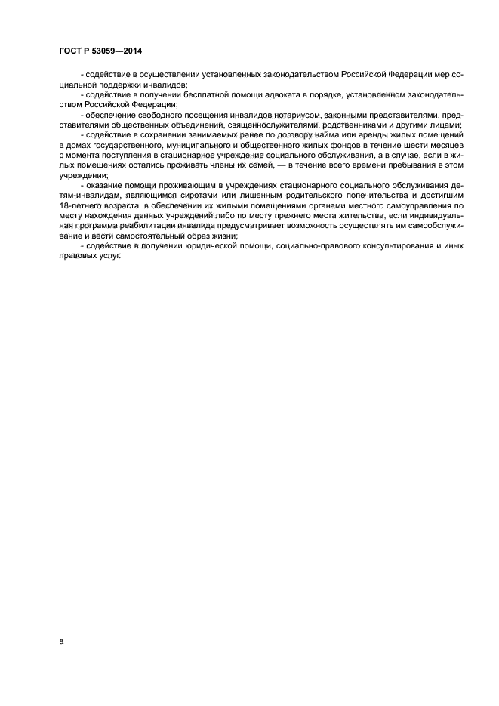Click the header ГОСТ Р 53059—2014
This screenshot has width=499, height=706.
[100, 51]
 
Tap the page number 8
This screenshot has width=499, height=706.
[61, 642]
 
